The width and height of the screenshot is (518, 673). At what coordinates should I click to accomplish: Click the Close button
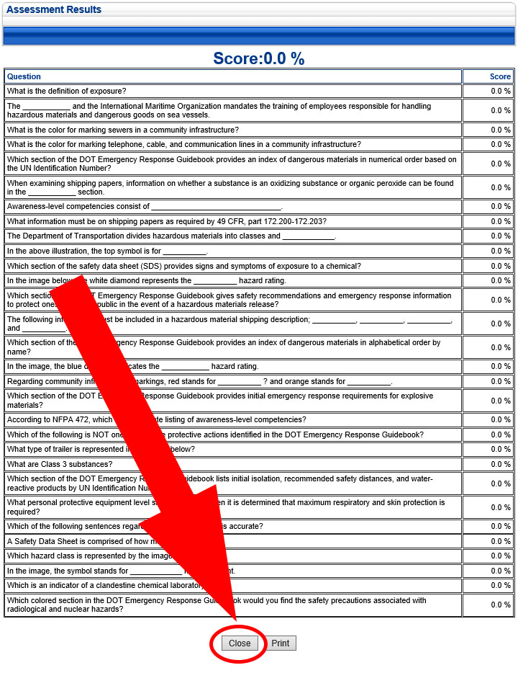[240, 643]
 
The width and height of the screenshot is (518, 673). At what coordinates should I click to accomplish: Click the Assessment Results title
[54, 10]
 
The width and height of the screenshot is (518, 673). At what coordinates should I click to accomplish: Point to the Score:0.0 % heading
[258, 59]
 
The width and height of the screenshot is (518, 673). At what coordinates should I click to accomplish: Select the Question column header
[24, 76]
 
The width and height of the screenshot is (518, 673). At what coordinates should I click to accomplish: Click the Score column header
[500, 76]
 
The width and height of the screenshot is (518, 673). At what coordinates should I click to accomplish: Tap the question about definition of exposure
[67, 92]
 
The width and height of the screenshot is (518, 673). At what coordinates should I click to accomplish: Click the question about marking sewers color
[123, 130]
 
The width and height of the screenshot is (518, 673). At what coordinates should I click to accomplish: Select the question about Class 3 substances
[60, 464]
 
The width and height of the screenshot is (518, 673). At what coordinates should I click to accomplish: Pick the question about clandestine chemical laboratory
[108, 586]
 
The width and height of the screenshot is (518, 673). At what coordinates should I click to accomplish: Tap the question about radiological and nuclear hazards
[216, 605]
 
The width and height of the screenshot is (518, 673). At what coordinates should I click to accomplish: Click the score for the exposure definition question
[501, 92]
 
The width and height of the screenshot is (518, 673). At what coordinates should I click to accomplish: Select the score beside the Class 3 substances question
[501, 464]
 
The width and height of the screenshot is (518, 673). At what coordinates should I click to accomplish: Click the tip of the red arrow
[235, 618]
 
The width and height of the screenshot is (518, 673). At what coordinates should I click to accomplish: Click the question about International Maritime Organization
[216, 110]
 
